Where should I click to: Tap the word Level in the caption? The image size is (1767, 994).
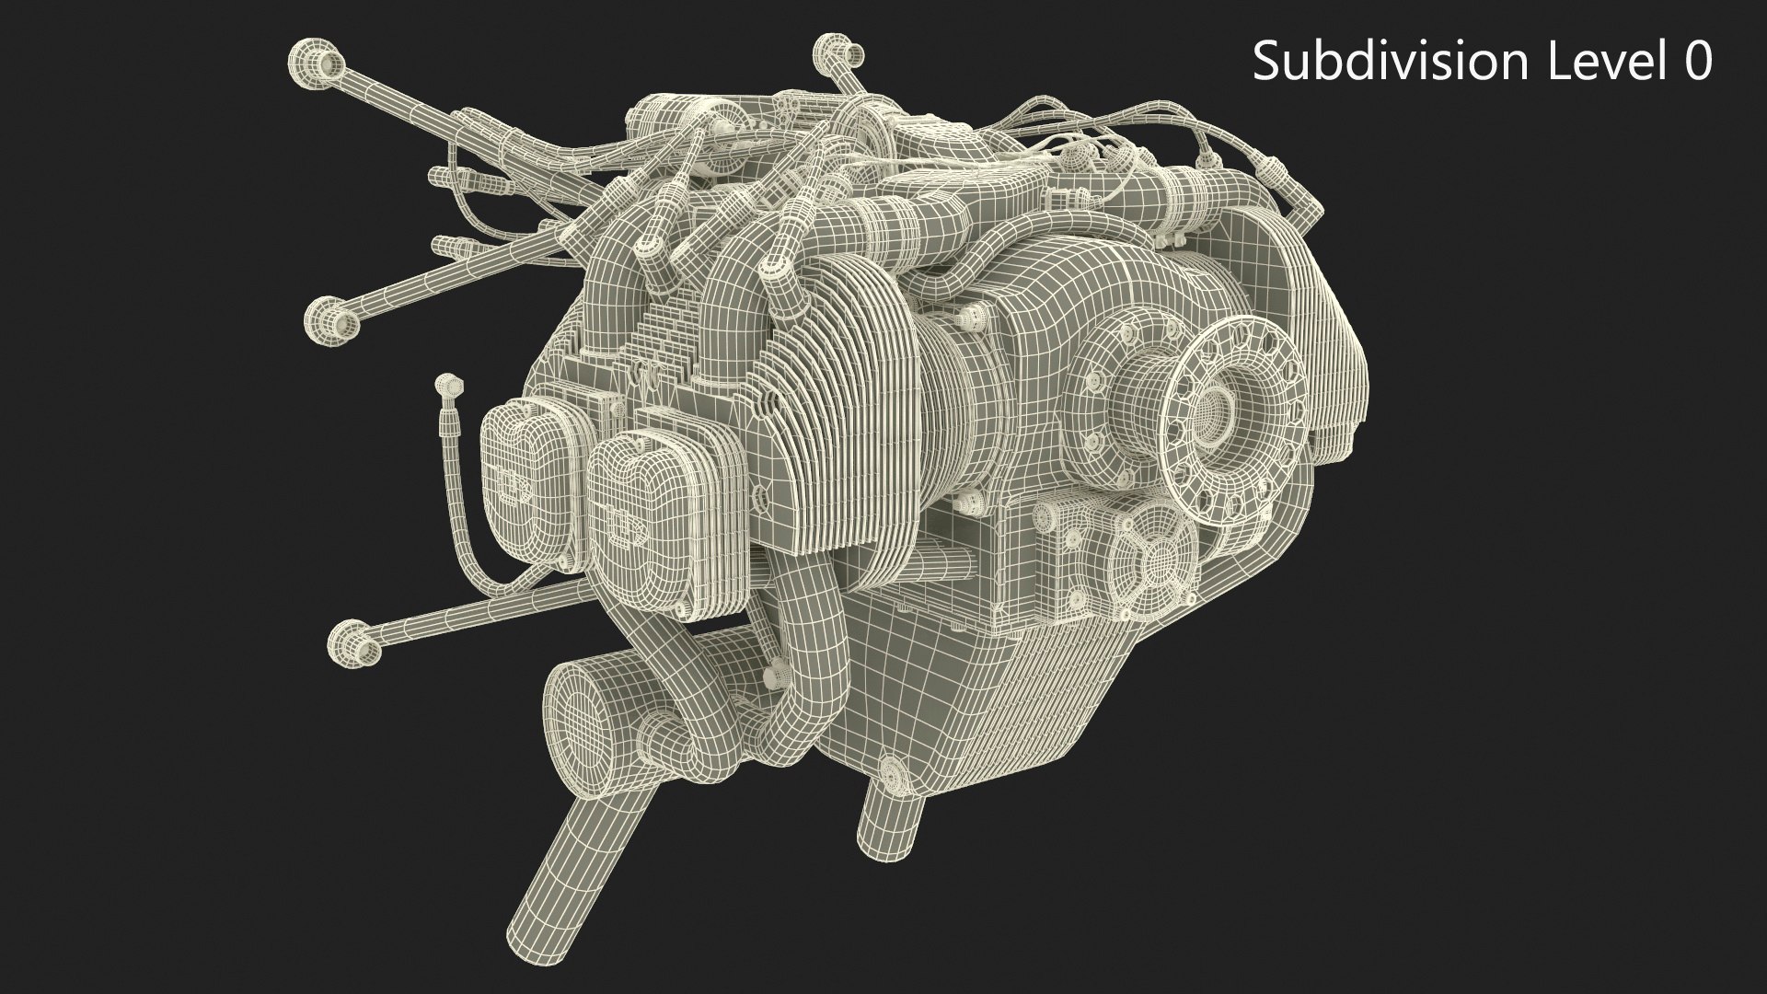(1598, 63)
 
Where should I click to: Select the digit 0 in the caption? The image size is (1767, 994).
(1697, 63)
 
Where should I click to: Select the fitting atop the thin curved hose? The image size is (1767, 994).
(448, 381)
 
